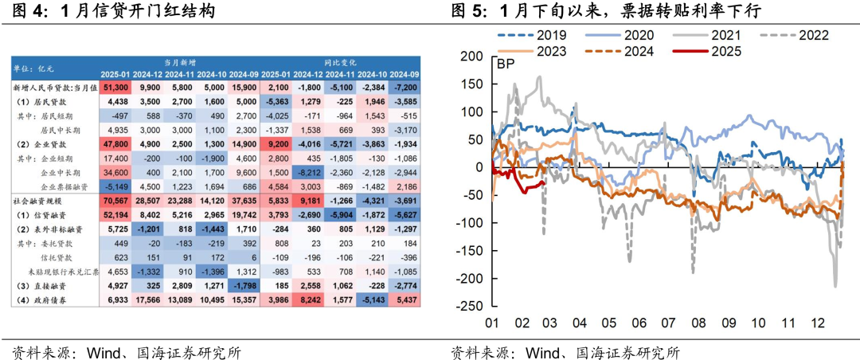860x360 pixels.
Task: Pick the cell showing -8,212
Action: [307, 173]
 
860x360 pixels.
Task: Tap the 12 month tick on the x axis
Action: [816, 323]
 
